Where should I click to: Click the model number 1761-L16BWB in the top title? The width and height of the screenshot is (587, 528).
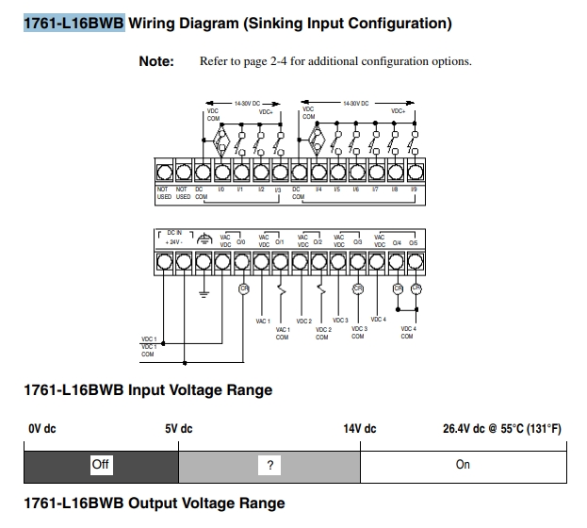tap(74, 23)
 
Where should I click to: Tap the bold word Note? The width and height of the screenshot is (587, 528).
tap(156, 62)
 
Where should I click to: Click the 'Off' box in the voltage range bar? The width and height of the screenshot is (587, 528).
tap(101, 464)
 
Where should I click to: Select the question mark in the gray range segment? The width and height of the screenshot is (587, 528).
tap(269, 465)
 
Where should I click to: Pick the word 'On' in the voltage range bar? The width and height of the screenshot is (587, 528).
tap(463, 465)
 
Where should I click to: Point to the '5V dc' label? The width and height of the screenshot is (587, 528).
tap(179, 429)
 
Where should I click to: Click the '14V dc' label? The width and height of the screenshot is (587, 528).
tap(359, 429)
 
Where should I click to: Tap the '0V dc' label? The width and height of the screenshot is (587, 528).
tap(42, 429)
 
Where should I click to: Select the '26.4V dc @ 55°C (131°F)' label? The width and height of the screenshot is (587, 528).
tap(502, 429)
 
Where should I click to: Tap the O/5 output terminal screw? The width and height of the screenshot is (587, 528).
tap(416, 261)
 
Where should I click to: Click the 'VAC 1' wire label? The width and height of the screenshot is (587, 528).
tap(263, 321)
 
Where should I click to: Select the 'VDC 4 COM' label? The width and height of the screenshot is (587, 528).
tap(407, 332)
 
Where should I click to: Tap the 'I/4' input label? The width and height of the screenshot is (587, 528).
tap(318, 190)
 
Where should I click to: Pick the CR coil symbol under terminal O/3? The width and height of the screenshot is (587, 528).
tap(357, 289)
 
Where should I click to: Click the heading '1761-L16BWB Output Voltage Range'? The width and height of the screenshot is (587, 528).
tap(153, 503)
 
